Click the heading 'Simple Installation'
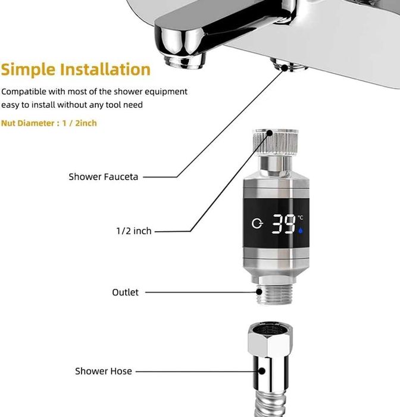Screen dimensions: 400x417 [76, 70]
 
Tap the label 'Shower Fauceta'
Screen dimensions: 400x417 [104, 177]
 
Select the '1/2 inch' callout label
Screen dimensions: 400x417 [134, 231]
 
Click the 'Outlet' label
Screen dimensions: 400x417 [125, 292]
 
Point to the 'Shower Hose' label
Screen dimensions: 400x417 [104, 371]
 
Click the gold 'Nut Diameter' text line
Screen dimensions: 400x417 [49, 123]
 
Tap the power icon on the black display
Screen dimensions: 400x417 [257, 223]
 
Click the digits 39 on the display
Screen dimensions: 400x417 [283, 224]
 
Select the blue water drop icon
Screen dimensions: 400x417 [301, 231]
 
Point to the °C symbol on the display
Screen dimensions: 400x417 [301, 218]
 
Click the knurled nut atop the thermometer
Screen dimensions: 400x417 [275, 142]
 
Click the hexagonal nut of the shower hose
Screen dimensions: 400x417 [270, 339]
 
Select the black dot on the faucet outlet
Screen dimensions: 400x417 [285, 68]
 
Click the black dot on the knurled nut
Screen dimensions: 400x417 [269, 133]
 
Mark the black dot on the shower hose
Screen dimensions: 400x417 [262, 371]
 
